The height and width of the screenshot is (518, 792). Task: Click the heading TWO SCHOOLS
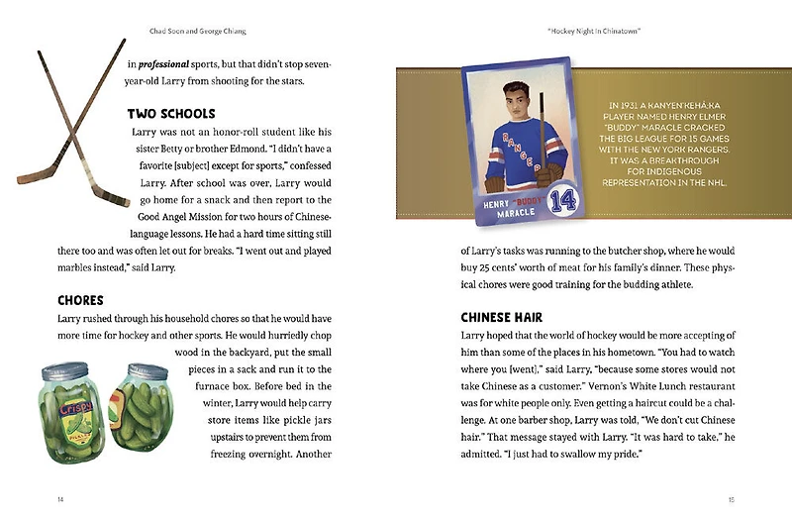point(171,113)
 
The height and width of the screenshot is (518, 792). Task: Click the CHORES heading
point(82,299)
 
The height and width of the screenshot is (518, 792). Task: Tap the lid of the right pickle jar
point(137,368)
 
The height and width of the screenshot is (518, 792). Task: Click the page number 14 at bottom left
point(61,498)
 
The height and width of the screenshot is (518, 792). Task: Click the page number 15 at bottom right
point(731,498)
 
